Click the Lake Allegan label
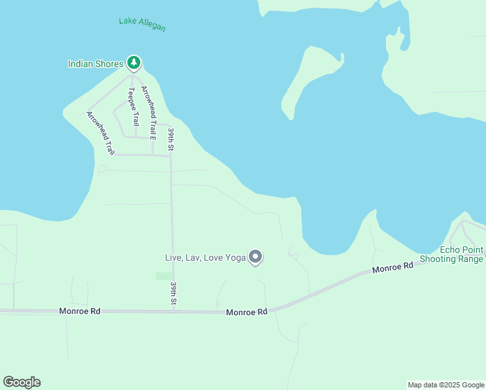tap(142, 25)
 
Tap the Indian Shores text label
tap(96, 64)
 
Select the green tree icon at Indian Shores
tap(134, 63)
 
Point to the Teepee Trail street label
tap(134, 107)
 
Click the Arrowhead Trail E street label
tap(148, 114)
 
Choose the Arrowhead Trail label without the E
tap(100, 133)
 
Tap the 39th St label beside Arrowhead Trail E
tap(171, 140)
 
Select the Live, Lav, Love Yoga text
tap(205, 258)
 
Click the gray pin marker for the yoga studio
tap(255, 257)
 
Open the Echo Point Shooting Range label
tap(452, 255)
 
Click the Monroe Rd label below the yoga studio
tap(247, 312)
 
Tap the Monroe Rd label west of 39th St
tap(79, 311)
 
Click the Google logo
tap(21, 382)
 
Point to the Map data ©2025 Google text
tap(446, 385)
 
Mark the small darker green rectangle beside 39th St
tap(164, 276)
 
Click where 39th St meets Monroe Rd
tap(173, 311)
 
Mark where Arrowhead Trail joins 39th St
tap(171, 155)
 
